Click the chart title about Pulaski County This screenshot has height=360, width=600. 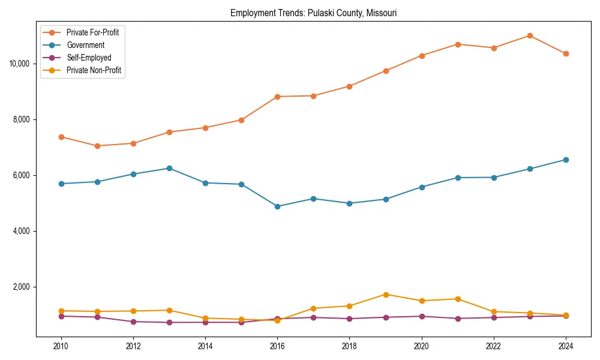tap(313, 13)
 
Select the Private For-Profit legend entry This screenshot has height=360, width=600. tap(92, 32)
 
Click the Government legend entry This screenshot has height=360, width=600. tap(85, 45)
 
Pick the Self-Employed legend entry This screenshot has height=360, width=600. tap(88, 58)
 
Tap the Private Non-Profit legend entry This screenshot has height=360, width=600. tap(94, 70)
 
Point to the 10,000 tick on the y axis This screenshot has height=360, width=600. tap(21, 64)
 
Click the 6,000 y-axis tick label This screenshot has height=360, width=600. tap(23, 175)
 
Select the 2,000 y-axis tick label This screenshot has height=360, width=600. tap(23, 287)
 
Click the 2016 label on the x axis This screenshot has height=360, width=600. tap(277, 346)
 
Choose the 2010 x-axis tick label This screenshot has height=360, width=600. tap(61, 346)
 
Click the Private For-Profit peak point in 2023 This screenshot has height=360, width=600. tap(530, 35)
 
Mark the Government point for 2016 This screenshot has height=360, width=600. tap(277, 206)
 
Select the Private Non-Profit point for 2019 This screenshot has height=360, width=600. tap(386, 295)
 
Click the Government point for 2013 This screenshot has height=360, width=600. tap(169, 168)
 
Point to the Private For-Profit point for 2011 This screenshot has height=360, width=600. tap(97, 146)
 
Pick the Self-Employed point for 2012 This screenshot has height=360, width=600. tap(133, 322)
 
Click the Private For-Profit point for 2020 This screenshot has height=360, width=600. tap(422, 56)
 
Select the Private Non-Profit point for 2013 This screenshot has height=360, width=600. tap(169, 310)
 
